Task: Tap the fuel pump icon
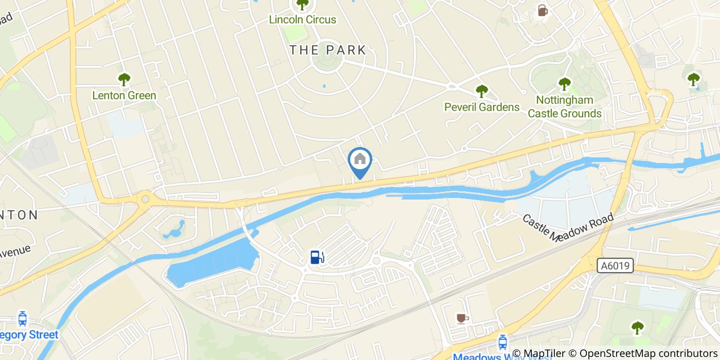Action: (317, 257)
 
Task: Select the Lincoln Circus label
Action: (303, 20)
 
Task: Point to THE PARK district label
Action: (328, 50)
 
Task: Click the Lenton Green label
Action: (124, 95)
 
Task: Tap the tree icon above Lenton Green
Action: (124, 80)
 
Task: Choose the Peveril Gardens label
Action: (482, 107)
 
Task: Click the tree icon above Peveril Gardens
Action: (481, 92)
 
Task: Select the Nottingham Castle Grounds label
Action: (565, 106)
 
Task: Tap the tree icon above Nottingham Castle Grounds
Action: (565, 83)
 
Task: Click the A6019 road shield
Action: (615, 266)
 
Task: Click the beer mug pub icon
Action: (542, 10)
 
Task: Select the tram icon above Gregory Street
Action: (22, 319)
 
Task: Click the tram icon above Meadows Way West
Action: (502, 342)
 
